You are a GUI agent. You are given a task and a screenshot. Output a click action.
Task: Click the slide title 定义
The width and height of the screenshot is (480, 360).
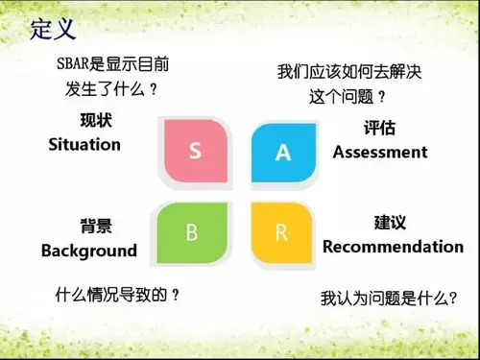point(53,30)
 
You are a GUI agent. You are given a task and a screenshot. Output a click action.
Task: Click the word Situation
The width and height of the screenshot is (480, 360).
point(84,145)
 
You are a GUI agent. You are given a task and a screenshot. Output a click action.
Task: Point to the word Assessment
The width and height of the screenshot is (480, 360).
point(379,152)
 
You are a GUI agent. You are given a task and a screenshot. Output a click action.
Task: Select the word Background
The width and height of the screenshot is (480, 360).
point(89,251)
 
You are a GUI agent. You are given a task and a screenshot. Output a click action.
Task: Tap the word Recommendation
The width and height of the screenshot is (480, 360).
point(393,247)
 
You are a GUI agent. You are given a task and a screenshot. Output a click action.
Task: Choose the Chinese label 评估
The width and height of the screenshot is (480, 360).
point(379,129)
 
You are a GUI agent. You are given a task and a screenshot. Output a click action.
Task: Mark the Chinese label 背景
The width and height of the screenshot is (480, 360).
point(95,227)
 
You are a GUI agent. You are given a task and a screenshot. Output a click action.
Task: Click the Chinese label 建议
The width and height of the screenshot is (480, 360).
point(389,223)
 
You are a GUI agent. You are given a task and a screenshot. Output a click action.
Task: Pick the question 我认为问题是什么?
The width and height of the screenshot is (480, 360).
point(388,299)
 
